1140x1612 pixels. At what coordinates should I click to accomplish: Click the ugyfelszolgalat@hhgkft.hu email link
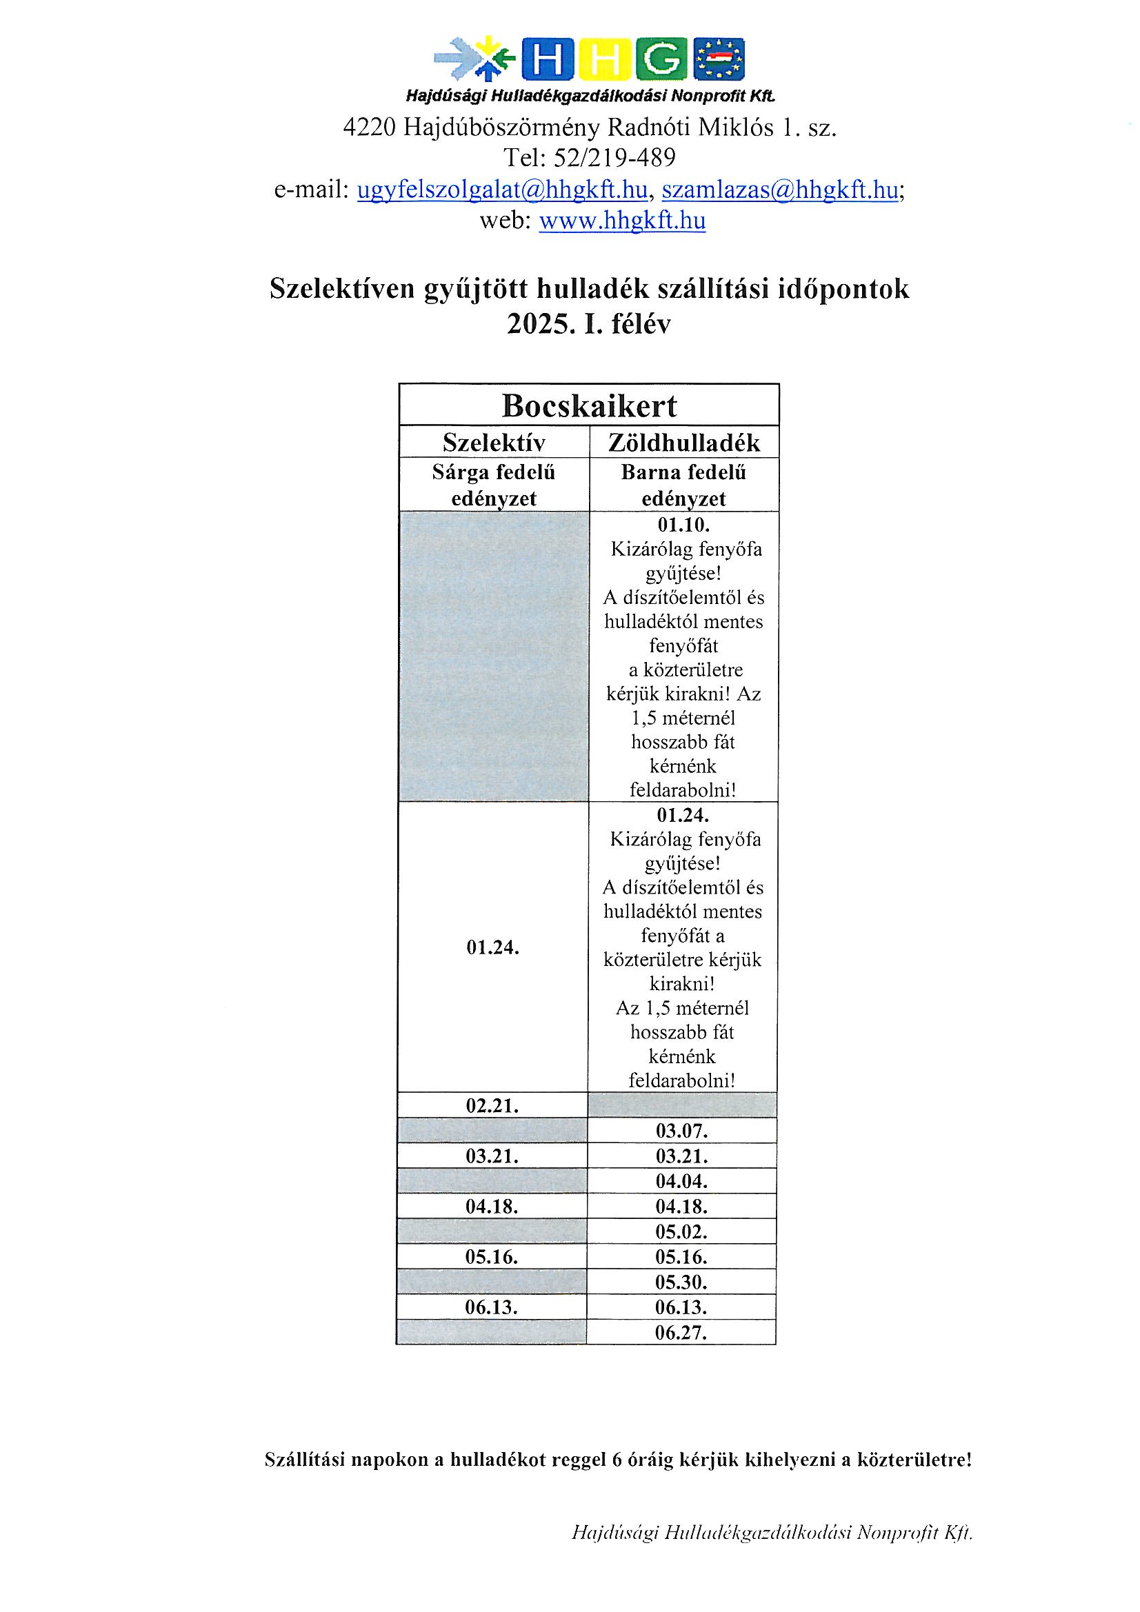click(x=501, y=190)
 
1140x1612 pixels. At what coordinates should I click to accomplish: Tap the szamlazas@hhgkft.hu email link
click(x=780, y=190)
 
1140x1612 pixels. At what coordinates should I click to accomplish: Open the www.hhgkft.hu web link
click(x=621, y=221)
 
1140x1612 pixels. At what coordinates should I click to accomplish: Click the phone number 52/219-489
click(x=614, y=158)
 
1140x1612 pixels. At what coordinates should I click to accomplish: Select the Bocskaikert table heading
click(x=588, y=406)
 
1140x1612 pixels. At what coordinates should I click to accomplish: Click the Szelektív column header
click(x=494, y=443)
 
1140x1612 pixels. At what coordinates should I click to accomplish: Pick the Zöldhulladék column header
click(x=683, y=443)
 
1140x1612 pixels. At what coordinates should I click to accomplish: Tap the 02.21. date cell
click(x=492, y=1106)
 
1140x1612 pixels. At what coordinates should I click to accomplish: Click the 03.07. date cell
click(x=681, y=1131)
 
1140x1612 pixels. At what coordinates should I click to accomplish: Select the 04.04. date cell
click(x=681, y=1182)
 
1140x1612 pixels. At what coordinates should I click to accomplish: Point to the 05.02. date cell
click(x=681, y=1232)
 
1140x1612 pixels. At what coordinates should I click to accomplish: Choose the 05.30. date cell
click(x=681, y=1282)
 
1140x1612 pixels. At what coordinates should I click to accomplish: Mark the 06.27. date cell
click(x=681, y=1333)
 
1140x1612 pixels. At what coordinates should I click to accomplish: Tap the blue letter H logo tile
click(x=546, y=59)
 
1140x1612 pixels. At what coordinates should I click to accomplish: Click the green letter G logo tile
click(x=660, y=59)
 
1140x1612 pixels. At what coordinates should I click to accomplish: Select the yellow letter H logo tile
click(x=603, y=59)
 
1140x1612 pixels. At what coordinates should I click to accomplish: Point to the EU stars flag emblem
click(x=719, y=59)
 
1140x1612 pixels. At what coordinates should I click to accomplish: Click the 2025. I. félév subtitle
click(x=588, y=324)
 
